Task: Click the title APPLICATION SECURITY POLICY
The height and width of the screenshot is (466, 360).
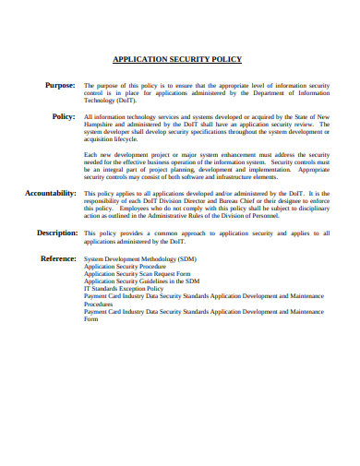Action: pos(176,59)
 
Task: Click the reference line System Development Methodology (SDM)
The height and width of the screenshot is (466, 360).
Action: pos(139,260)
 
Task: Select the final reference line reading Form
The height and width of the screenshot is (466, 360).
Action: pos(90,319)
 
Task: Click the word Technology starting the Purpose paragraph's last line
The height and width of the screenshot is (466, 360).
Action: pos(101,100)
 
